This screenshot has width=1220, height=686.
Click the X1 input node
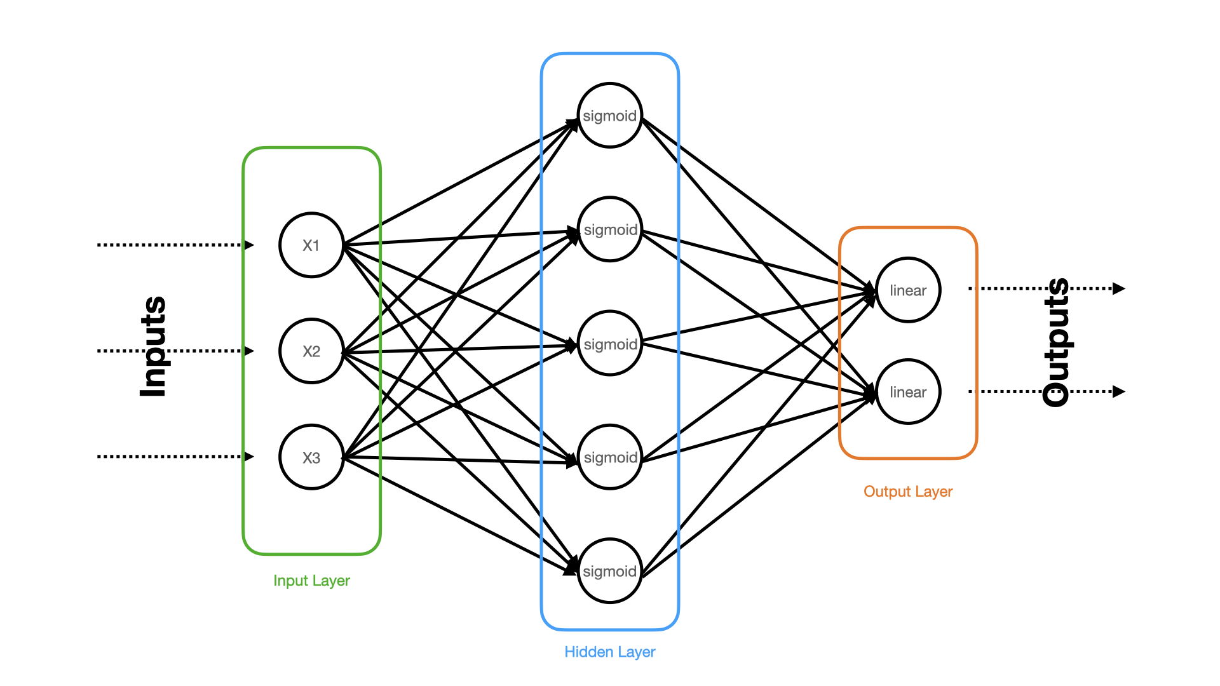tap(311, 245)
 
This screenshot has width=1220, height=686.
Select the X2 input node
tap(311, 351)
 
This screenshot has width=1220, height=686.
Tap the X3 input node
tap(311, 457)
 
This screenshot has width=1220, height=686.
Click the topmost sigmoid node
tap(610, 116)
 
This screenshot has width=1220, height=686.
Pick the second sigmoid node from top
tap(610, 229)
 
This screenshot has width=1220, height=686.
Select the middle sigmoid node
tap(610, 344)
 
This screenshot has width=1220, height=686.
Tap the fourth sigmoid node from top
tap(610, 457)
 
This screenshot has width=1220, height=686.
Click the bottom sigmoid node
tap(610, 571)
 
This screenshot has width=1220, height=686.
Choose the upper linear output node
tap(908, 290)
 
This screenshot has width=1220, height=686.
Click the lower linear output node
tap(908, 392)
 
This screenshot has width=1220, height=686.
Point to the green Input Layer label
tap(311, 581)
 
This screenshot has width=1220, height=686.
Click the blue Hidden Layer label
tap(610, 652)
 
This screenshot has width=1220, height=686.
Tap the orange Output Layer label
tap(908, 492)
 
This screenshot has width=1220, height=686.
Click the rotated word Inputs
tap(153, 347)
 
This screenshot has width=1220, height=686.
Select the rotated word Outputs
tap(1057, 342)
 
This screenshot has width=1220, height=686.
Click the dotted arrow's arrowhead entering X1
tap(250, 245)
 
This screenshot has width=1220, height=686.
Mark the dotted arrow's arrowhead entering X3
tap(250, 457)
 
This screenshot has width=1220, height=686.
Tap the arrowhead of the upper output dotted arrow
tap(1119, 289)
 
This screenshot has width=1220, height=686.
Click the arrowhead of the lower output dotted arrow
tap(1119, 392)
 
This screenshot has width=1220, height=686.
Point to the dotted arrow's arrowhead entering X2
tap(250, 351)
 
